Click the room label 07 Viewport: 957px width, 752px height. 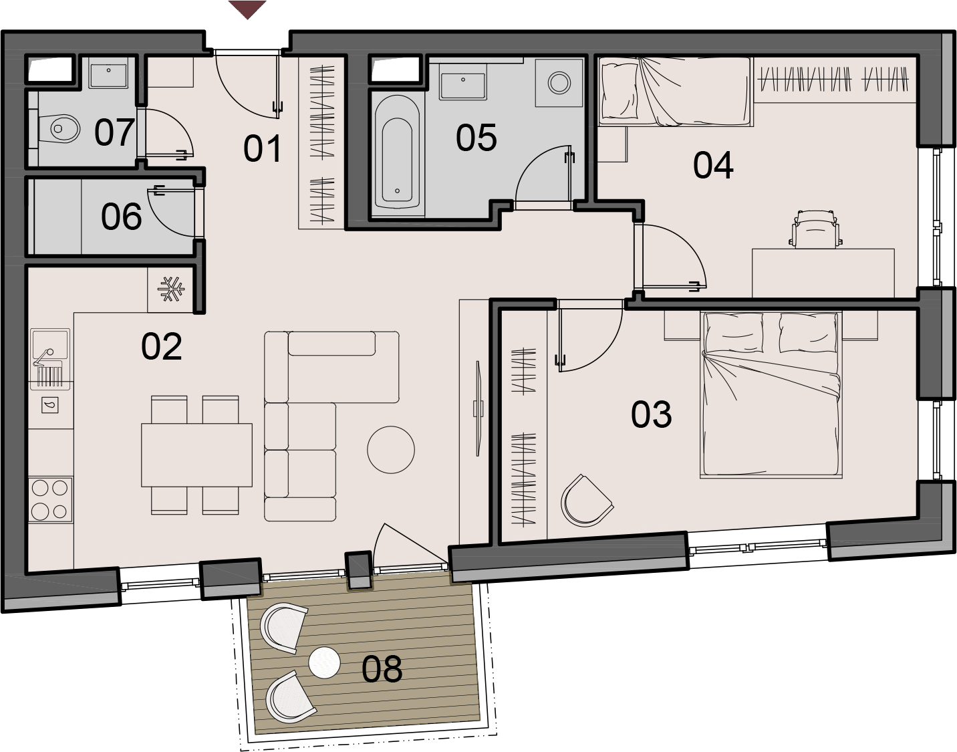tap(114, 132)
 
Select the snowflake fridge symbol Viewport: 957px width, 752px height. tap(171, 289)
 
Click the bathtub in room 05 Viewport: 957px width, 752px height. tap(397, 152)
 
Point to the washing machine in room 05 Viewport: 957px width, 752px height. tap(559, 83)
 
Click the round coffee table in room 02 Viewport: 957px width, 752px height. tap(391, 449)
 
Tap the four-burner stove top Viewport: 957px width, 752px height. tap(50, 500)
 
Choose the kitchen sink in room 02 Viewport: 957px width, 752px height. tap(50, 359)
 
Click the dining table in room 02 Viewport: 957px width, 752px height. tap(197, 455)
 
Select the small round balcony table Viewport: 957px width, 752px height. tap(324, 662)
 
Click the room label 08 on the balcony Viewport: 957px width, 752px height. tap(382, 669)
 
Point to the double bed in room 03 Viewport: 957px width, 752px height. tap(771, 394)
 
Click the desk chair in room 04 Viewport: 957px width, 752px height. tap(815, 230)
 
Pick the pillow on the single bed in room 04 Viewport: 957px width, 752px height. tap(620, 90)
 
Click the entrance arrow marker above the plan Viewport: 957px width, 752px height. tap(247, 9)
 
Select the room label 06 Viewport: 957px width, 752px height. tap(121, 217)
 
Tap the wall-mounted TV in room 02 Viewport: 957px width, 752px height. tap(479, 409)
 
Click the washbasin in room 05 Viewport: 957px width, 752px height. tap(463, 86)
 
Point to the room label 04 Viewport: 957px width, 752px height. tap(713, 166)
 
